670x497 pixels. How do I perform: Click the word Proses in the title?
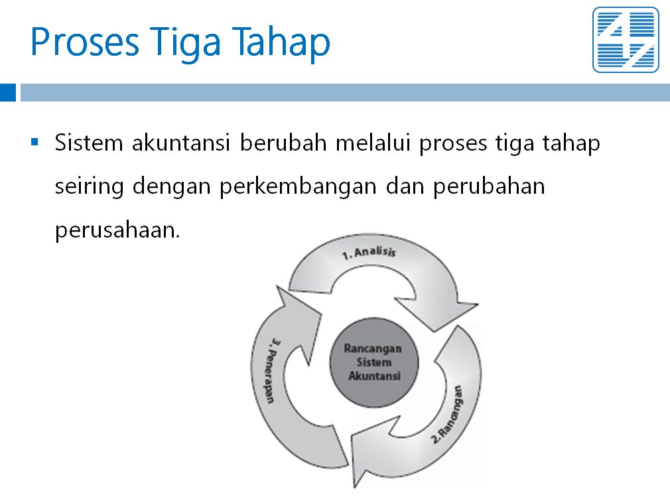(x=85, y=42)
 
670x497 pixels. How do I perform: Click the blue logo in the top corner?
(x=626, y=40)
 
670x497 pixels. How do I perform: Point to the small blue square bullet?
(x=34, y=141)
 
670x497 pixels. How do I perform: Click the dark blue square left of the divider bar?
(x=8, y=92)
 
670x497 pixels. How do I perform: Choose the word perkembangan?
(x=298, y=187)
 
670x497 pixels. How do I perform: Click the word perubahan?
(x=490, y=187)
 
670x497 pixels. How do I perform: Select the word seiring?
(x=90, y=187)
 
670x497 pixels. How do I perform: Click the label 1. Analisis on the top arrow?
(x=369, y=253)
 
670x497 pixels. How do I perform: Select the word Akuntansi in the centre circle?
(x=374, y=376)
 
